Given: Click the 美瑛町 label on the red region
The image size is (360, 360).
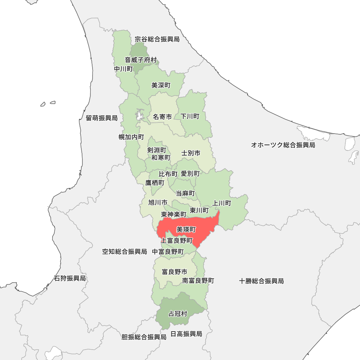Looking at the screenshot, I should click(x=186, y=229).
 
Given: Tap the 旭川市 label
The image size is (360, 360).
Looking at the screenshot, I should click(x=158, y=202).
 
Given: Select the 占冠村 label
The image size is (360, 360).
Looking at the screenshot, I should click(x=178, y=314).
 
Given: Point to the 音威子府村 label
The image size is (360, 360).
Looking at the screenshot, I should click(x=141, y=60).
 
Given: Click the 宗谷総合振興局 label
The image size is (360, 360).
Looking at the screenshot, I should click(x=157, y=39).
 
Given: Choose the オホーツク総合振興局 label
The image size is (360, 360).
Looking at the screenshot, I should click(x=283, y=145).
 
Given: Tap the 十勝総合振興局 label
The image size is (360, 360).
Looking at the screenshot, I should click(x=261, y=281).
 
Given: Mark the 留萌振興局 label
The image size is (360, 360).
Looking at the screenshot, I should click(x=102, y=118).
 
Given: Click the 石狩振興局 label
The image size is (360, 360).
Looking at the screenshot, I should click(x=70, y=278).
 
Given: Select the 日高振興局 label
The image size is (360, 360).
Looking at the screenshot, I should click(x=186, y=334).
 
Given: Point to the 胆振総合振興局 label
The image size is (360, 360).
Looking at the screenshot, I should click(x=144, y=337).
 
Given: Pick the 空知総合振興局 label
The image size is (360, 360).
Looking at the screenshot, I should click(x=125, y=252).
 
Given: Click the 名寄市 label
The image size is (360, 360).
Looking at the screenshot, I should click(x=162, y=117).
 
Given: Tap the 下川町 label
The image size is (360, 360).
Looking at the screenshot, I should click(x=190, y=116).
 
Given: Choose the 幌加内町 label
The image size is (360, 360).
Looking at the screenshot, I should click(x=131, y=137).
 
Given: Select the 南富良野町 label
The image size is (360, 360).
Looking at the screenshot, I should click(x=198, y=280).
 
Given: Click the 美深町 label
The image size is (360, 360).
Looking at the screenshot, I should click(x=161, y=86).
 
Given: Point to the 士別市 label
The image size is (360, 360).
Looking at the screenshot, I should click(x=191, y=153).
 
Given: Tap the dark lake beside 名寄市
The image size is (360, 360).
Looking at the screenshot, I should click(x=139, y=116).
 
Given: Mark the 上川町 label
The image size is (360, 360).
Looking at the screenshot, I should click(x=222, y=203).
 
